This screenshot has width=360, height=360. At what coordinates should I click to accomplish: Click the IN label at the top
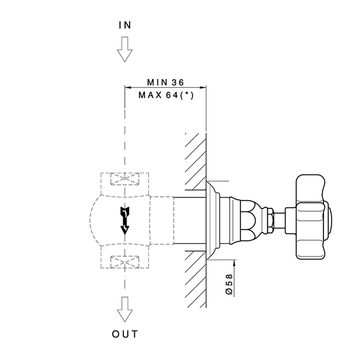pyautogui.click(x=124, y=24)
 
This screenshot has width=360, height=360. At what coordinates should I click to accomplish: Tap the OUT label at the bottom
pyautogui.click(x=124, y=335)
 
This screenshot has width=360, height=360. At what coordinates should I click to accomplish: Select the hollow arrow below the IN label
pyautogui.click(x=124, y=50)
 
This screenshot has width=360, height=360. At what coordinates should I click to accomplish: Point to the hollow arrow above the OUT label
pyautogui.click(x=124, y=309)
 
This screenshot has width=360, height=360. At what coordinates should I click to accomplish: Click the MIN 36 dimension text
pyautogui.click(x=165, y=82)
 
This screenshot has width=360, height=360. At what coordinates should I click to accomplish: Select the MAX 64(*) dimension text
pyautogui.click(x=165, y=95)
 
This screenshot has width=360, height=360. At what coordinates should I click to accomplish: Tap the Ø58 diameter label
pyautogui.click(x=229, y=284)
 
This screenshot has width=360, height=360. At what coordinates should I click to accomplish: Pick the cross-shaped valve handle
pyautogui.click(x=311, y=217)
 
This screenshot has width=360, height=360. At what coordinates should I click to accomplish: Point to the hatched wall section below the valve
pyautogui.click(x=195, y=278)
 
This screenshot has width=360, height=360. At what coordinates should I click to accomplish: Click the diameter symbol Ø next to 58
pyautogui.click(x=229, y=292)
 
